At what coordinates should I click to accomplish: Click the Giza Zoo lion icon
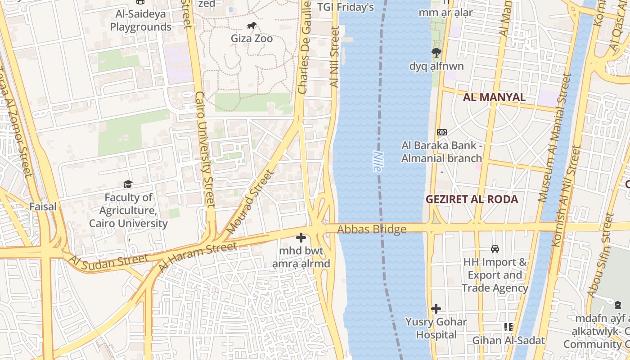coord(252,26)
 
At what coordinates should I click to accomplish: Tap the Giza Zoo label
coord(252,39)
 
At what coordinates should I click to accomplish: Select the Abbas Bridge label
coord(372,229)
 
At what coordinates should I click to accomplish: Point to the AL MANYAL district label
coord(494,97)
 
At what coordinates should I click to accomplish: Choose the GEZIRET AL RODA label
coord(472,199)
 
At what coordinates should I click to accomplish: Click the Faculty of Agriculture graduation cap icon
coord(128,184)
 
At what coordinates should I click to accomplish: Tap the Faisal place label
coord(43,207)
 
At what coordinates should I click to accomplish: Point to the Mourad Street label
coord(250,202)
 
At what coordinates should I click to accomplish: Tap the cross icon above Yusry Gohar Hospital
coord(436,309)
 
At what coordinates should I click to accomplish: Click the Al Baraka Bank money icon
coord(441,132)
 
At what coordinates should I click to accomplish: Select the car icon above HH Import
coord(495,248)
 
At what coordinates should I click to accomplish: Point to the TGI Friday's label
coord(346,7)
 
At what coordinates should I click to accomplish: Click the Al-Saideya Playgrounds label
coord(140,20)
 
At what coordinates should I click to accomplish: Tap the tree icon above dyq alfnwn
coord(436,53)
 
